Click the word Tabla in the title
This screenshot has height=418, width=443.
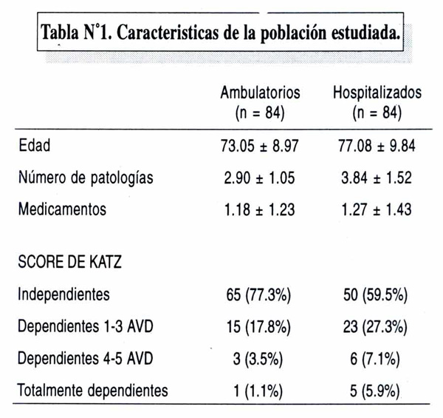[x=60, y=32]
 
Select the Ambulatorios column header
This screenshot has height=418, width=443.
[x=260, y=92]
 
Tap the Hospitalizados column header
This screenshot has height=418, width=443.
[x=377, y=92]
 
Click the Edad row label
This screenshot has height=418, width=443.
[x=35, y=145]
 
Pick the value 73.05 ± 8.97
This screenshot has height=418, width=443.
[x=260, y=146]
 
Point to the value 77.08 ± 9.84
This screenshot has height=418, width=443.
[x=377, y=146]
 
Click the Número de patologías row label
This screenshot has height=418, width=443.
[x=86, y=178]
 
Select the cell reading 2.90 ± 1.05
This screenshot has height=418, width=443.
[x=259, y=178]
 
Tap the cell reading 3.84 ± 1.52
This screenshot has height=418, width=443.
[x=377, y=178]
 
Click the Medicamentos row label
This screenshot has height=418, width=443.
[x=62, y=209]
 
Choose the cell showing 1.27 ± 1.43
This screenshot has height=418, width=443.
[x=377, y=210]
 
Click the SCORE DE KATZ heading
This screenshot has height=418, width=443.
[x=70, y=262]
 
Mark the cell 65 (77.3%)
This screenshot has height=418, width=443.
[x=258, y=295]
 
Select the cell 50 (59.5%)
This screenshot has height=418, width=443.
[x=376, y=295]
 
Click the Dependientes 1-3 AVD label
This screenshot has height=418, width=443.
[x=86, y=326]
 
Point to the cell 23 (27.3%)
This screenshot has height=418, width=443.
[x=375, y=327]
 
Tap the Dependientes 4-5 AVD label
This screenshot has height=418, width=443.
[x=86, y=358]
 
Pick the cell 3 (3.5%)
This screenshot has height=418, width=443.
[x=258, y=359]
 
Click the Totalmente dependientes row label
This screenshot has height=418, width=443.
[x=93, y=391]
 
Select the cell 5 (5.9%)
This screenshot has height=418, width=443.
[x=375, y=391]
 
